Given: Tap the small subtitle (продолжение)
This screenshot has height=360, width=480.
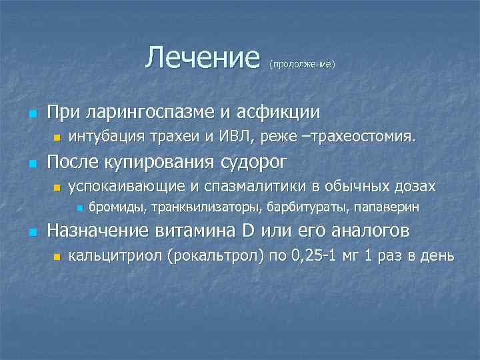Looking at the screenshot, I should pyautogui.click(x=301, y=65).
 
